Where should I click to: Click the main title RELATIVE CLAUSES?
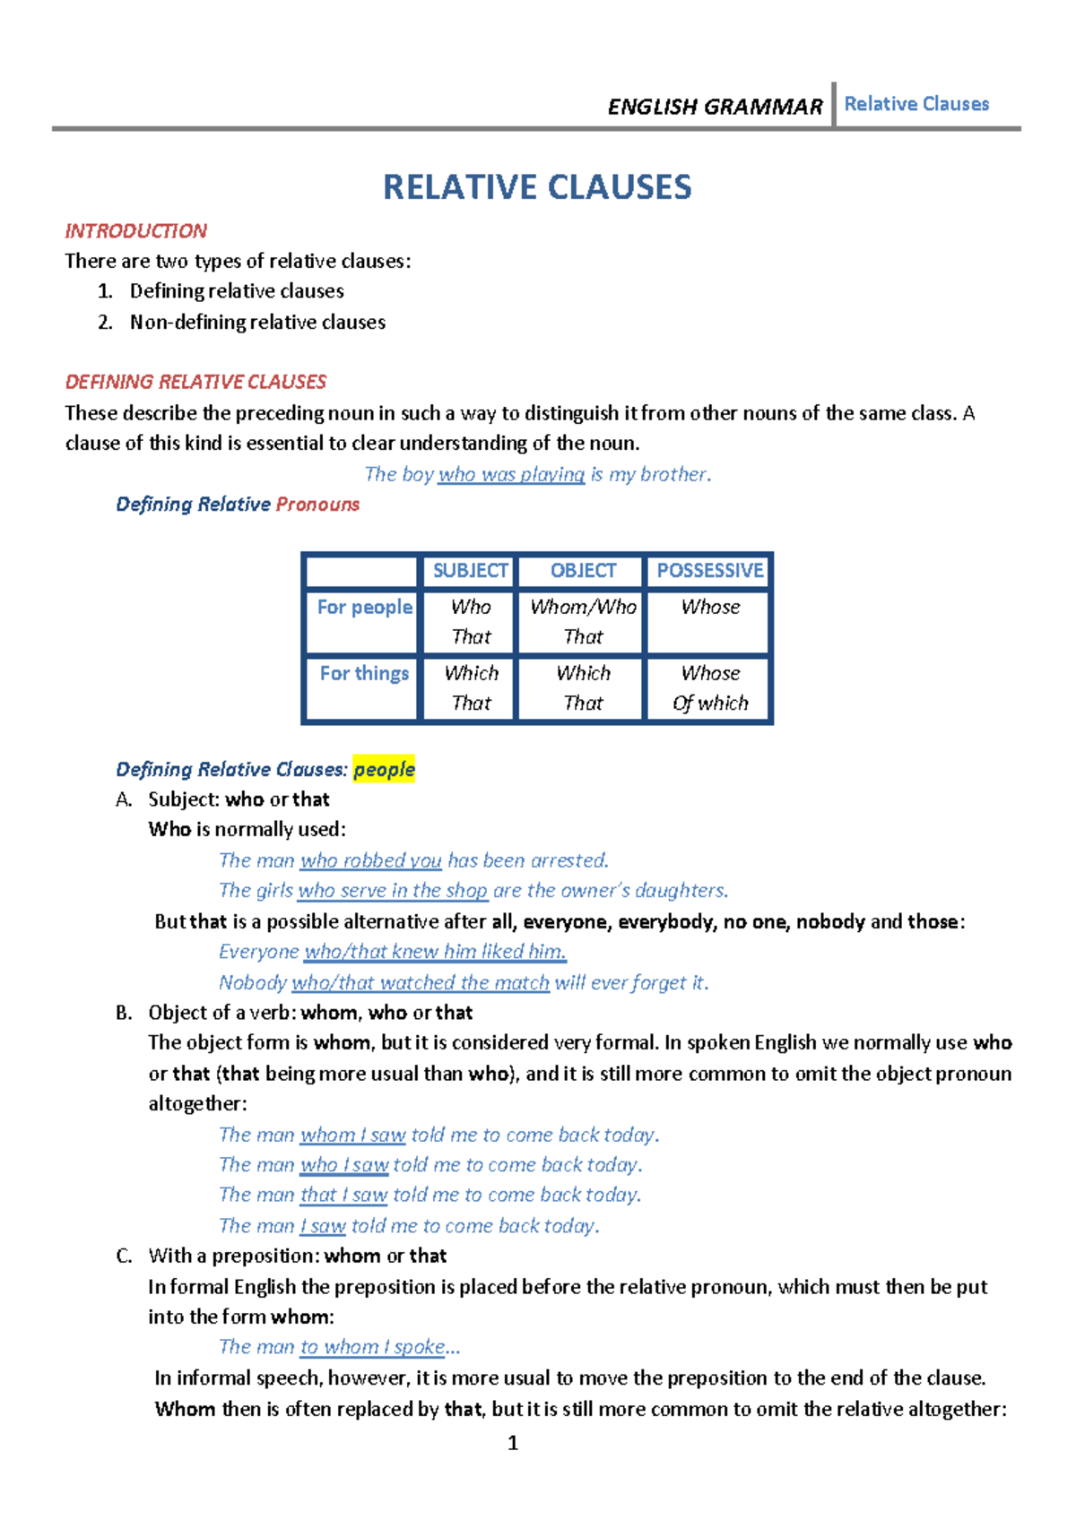coord(537,187)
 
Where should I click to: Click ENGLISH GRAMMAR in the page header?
coord(715,107)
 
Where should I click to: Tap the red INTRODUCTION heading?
coord(135,231)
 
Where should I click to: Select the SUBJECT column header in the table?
coord(470,571)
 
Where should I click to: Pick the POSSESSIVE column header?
coord(709,571)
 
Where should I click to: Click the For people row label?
coord(364,608)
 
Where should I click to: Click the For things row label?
coord(364,674)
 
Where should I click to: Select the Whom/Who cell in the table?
coord(583,608)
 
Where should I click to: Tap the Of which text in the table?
coord(710,704)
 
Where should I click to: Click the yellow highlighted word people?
coord(384,770)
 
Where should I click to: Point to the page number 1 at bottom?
coord(513,1443)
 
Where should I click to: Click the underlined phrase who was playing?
coord(511,475)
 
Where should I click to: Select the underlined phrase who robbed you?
coord(370,861)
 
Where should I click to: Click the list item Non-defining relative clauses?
coord(257,323)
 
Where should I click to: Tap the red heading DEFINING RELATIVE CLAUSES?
coord(195,383)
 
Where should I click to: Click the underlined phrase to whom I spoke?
coord(372,1347)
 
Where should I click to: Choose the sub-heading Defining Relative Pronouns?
coord(238,505)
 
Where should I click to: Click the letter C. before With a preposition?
coord(124,1257)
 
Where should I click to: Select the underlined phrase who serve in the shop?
coord(393,891)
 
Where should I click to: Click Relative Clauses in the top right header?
coord(916,104)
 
